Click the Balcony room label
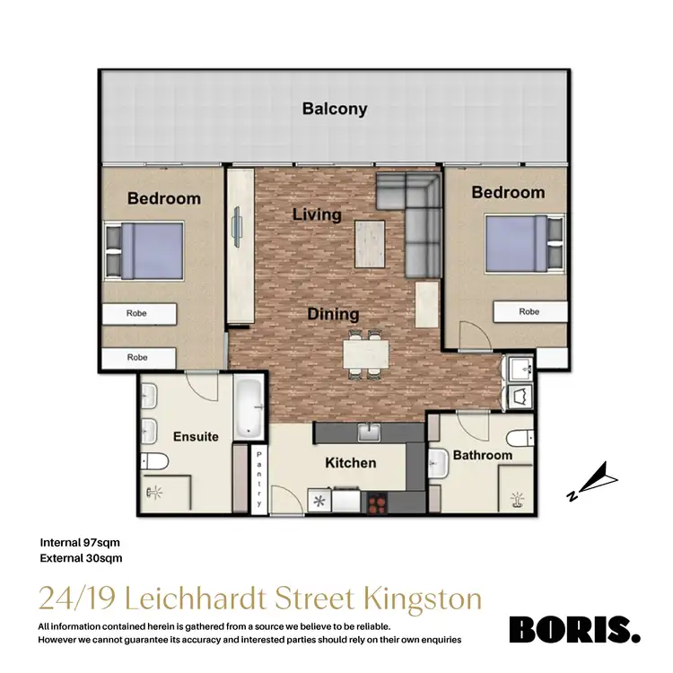coord(335,109)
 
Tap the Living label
coord(318,214)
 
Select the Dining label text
coord(334,314)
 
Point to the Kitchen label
coord(350,463)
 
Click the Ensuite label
coord(196,437)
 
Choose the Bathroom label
coord(482,455)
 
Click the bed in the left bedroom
coord(145,251)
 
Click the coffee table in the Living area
coord(370,243)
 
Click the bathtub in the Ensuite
coord(249,406)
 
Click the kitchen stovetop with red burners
coord(378,502)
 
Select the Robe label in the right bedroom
coord(529,312)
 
